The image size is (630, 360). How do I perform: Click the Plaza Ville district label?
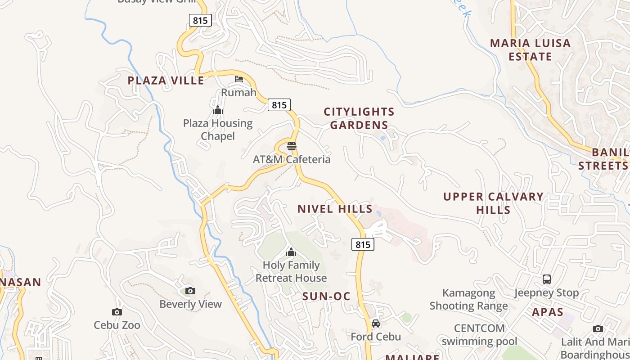coord(166,81)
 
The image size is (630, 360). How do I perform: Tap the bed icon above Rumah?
coord(239,79)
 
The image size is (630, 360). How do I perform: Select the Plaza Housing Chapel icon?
coord(218,110)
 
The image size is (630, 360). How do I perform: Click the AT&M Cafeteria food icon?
coord(292,146)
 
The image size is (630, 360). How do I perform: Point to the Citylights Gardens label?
coord(359,118)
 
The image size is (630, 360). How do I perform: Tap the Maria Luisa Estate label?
coord(530,50)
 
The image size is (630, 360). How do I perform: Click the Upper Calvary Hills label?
coord(493,203)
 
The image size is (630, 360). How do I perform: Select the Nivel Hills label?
coord(335,209)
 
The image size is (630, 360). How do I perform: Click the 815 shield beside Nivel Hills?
coord(363,244)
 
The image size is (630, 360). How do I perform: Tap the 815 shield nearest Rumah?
coord(279,105)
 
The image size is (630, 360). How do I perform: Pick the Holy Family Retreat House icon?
coord(291,252)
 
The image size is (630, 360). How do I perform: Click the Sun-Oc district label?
coord(326,296)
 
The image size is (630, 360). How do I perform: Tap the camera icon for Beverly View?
coord(190,291)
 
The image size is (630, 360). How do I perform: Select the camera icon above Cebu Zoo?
coord(117,312)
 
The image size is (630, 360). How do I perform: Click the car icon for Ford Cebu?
coord(376,323)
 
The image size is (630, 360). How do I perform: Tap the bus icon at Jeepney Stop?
coord(546,279)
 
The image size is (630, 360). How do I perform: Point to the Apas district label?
coord(548,312)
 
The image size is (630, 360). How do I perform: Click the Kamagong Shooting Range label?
coord(468,300)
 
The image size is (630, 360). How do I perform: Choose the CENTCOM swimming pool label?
coord(479,334)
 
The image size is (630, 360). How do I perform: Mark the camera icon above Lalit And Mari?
coord(598,329)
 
